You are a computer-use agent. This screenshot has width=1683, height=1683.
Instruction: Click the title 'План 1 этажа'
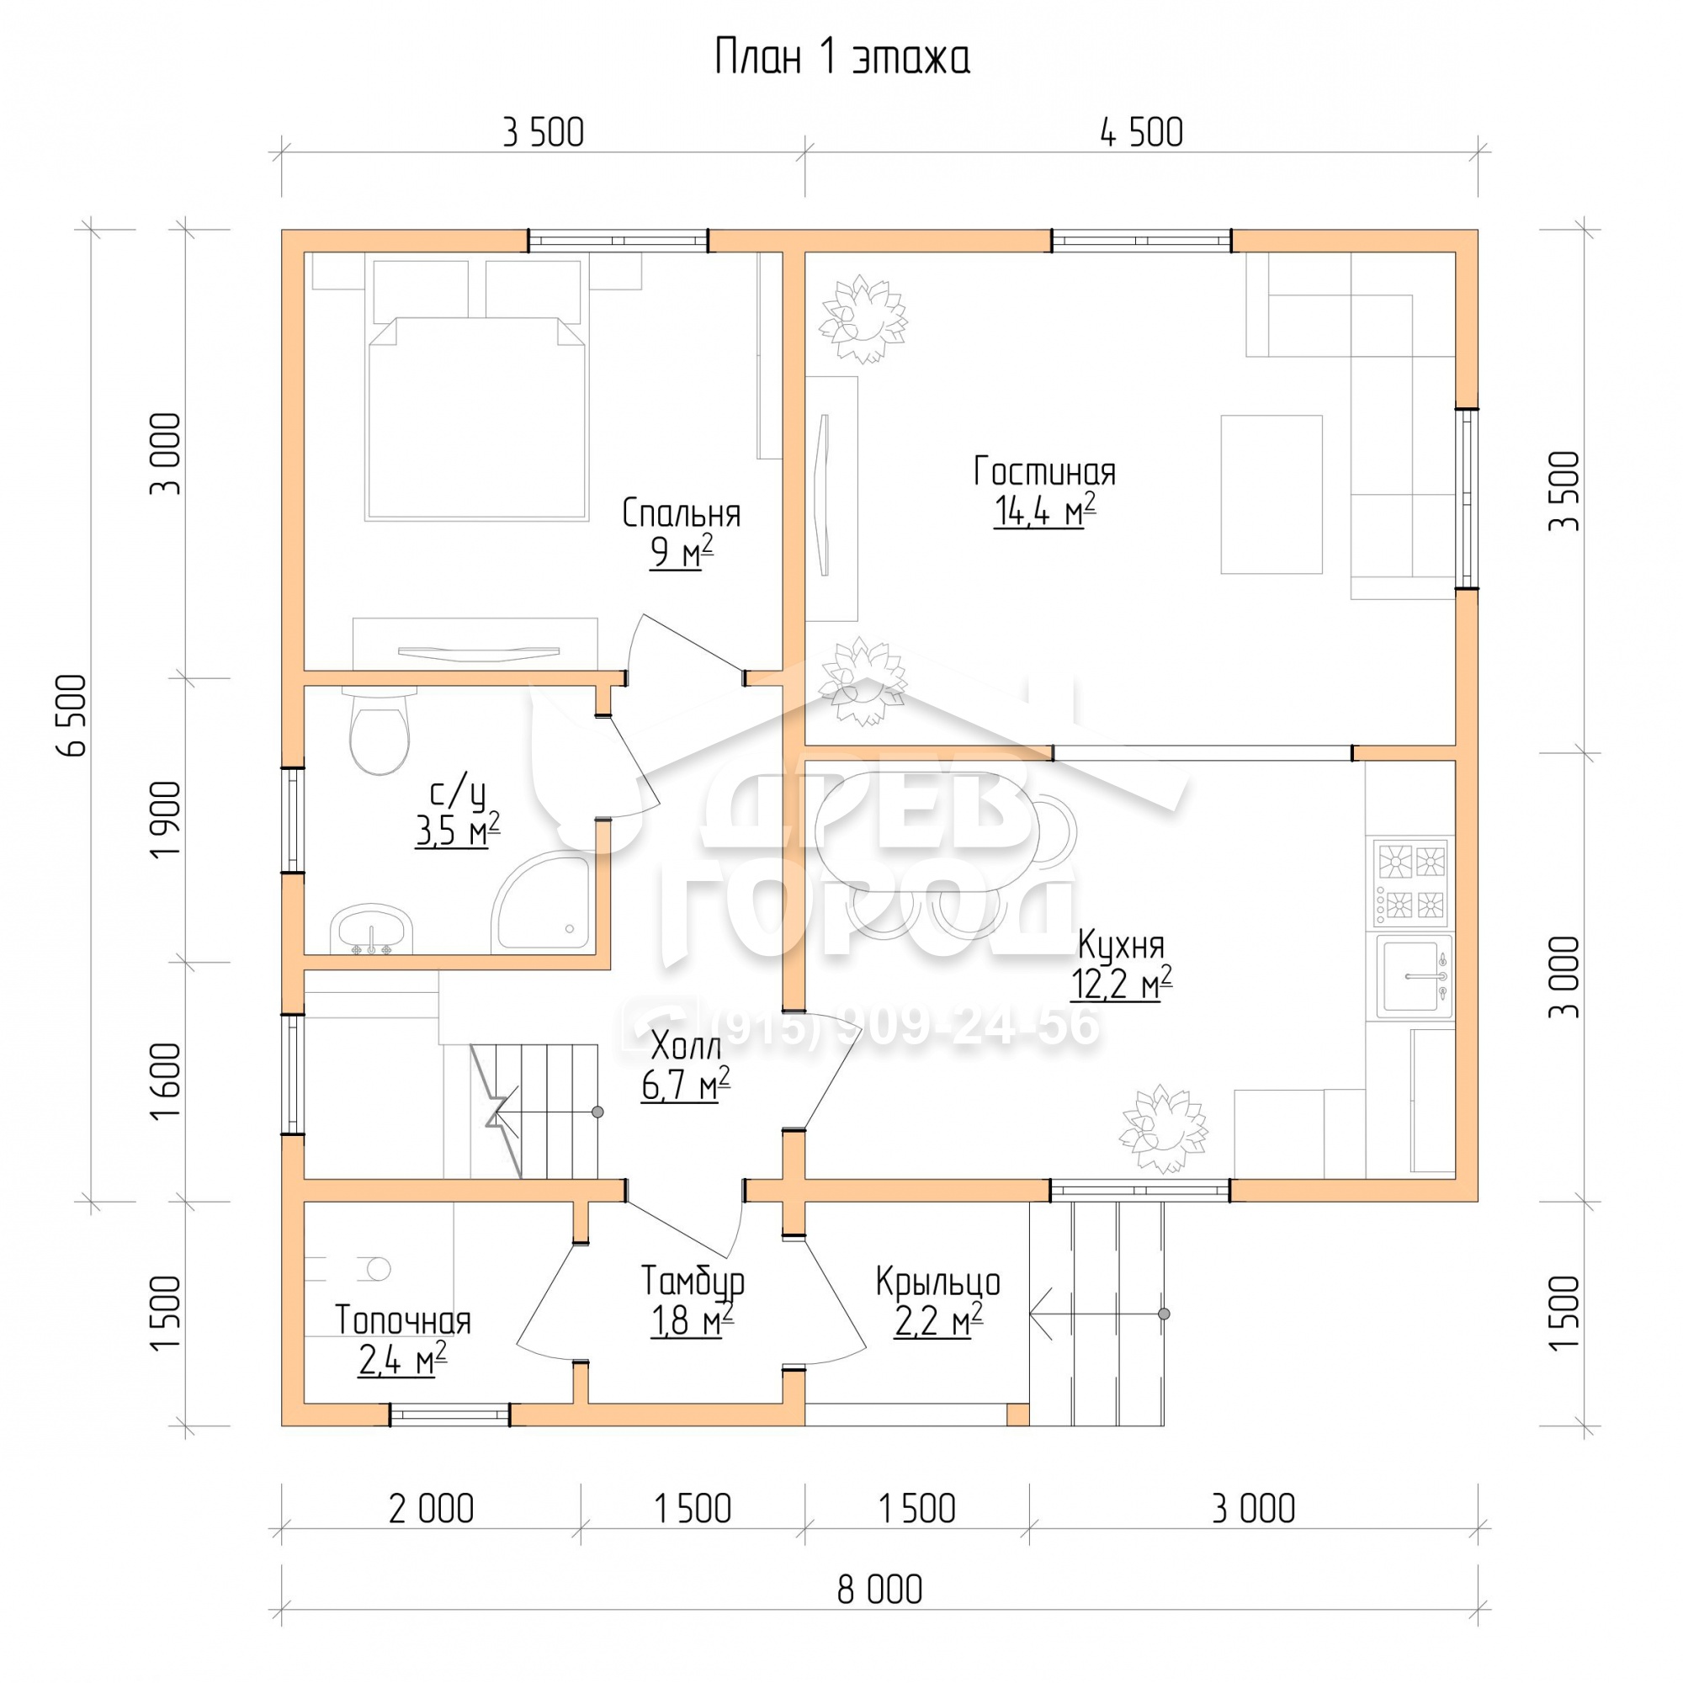point(841,58)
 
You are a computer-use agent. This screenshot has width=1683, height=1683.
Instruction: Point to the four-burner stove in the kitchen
point(1411,884)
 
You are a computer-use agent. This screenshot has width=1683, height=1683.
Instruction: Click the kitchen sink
point(1414,976)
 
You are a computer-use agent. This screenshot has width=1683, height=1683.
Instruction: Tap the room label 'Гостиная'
point(1044,472)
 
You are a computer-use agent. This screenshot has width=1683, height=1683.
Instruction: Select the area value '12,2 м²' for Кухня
point(1121,983)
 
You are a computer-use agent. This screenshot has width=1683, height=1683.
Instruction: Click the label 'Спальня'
point(682,514)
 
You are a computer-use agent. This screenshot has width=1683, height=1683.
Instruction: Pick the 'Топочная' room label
point(402,1320)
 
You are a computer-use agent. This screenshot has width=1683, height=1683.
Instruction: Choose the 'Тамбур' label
point(693,1281)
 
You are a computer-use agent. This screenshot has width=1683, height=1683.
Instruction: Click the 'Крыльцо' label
point(937,1282)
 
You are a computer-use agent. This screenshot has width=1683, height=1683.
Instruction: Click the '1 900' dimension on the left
point(165,820)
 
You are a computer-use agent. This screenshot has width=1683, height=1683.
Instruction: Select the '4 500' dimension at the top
point(1141,133)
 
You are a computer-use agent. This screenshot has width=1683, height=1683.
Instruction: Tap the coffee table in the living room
point(1271,494)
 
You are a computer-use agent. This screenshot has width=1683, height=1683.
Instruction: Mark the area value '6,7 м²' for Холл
point(686,1085)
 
